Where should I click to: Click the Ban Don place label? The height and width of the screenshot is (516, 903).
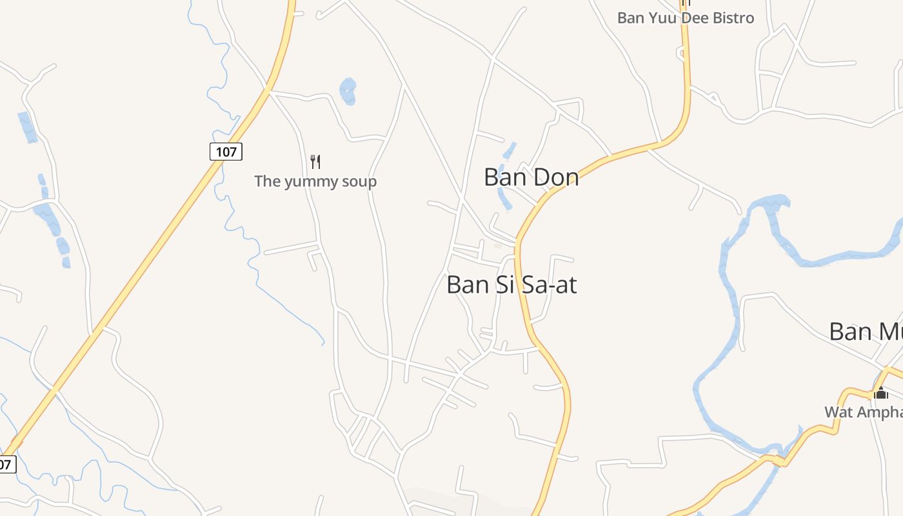531,177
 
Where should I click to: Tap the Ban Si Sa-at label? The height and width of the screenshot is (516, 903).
511,284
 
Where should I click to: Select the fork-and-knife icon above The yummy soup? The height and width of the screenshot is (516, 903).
315,161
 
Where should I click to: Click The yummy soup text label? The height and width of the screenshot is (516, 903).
315,181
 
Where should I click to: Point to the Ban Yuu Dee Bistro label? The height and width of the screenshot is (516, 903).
685,18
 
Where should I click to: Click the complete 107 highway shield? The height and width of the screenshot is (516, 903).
226,152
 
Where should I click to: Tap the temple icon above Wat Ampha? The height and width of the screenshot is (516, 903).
881,392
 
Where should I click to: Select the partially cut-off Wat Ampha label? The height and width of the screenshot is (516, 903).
863,412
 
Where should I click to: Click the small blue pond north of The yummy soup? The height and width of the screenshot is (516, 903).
348,91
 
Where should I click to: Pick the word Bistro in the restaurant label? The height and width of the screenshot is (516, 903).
733,18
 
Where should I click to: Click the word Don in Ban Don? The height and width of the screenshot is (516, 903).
555,177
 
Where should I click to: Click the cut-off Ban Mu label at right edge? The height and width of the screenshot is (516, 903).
866,332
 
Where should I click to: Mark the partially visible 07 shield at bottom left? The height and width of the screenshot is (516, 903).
6,464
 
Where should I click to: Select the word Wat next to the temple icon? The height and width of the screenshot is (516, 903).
838,412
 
